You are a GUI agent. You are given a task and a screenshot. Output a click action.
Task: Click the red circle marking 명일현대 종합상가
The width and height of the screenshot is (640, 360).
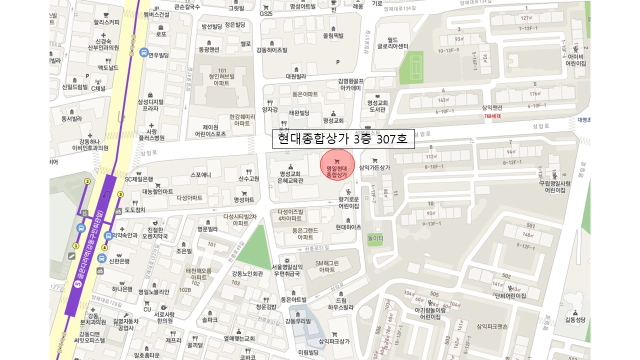coord(337,164)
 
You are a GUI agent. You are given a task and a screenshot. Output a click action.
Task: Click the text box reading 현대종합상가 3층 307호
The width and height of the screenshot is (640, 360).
coord(343,139)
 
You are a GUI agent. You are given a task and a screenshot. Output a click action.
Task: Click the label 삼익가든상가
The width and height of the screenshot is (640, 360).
coord(374,167)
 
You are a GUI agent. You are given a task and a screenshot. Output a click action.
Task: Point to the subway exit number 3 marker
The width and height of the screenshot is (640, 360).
coord(120,194)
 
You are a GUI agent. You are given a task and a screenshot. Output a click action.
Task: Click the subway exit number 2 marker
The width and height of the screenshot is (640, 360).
coord(87,181)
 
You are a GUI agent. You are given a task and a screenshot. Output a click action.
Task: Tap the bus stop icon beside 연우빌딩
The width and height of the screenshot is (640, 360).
coord(143,52)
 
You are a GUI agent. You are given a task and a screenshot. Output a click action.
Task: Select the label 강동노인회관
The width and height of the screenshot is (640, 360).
coord(247,274)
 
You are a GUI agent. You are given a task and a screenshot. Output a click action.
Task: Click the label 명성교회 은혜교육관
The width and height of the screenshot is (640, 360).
coord(290,177)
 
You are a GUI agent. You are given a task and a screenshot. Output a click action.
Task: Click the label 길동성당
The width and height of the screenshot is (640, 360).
coord(574,319)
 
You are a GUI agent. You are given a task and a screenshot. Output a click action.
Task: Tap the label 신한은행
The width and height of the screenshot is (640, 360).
coord(119,261)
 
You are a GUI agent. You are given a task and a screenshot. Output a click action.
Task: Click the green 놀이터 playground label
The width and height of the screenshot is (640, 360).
coord(375,238)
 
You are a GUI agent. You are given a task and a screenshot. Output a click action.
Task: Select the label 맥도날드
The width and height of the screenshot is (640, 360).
coord(108,67)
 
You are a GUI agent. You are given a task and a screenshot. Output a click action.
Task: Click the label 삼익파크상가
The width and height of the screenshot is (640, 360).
coord(334,341)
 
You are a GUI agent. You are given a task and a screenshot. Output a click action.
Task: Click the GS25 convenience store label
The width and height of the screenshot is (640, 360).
coord(266,13)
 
